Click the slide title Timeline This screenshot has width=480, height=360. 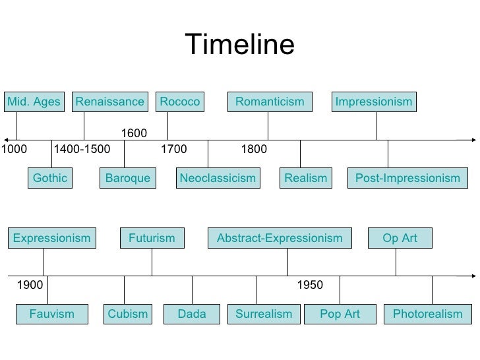[x=240, y=45]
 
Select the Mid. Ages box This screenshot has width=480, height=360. [x=34, y=102]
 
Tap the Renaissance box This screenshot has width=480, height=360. [x=109, y=102]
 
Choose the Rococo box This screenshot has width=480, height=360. [x=179, y=102]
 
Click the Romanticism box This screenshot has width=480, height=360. [x=270, y=102]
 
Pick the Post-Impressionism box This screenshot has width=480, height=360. [x=407, y=178]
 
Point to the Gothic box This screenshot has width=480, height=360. [x=50, y=178]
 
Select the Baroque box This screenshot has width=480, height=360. [x=128, y=178]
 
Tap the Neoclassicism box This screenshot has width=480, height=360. [x=217, y=178]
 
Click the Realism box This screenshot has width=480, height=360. [x=305, y=178]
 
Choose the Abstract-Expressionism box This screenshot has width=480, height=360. [x=280, y=238]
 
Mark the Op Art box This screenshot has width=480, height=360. [x=400, y=238]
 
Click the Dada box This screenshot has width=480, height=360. [x=192, y=314]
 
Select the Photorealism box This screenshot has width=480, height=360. [x=427, y=314]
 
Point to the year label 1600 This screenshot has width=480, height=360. [x=134, y=135]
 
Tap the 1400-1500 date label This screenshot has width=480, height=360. [x=82, y=149]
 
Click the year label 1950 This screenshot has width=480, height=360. [x=310, y=285]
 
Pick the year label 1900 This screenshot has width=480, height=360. [x=29, y=285]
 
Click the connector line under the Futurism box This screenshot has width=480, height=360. [x=152, y=262]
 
